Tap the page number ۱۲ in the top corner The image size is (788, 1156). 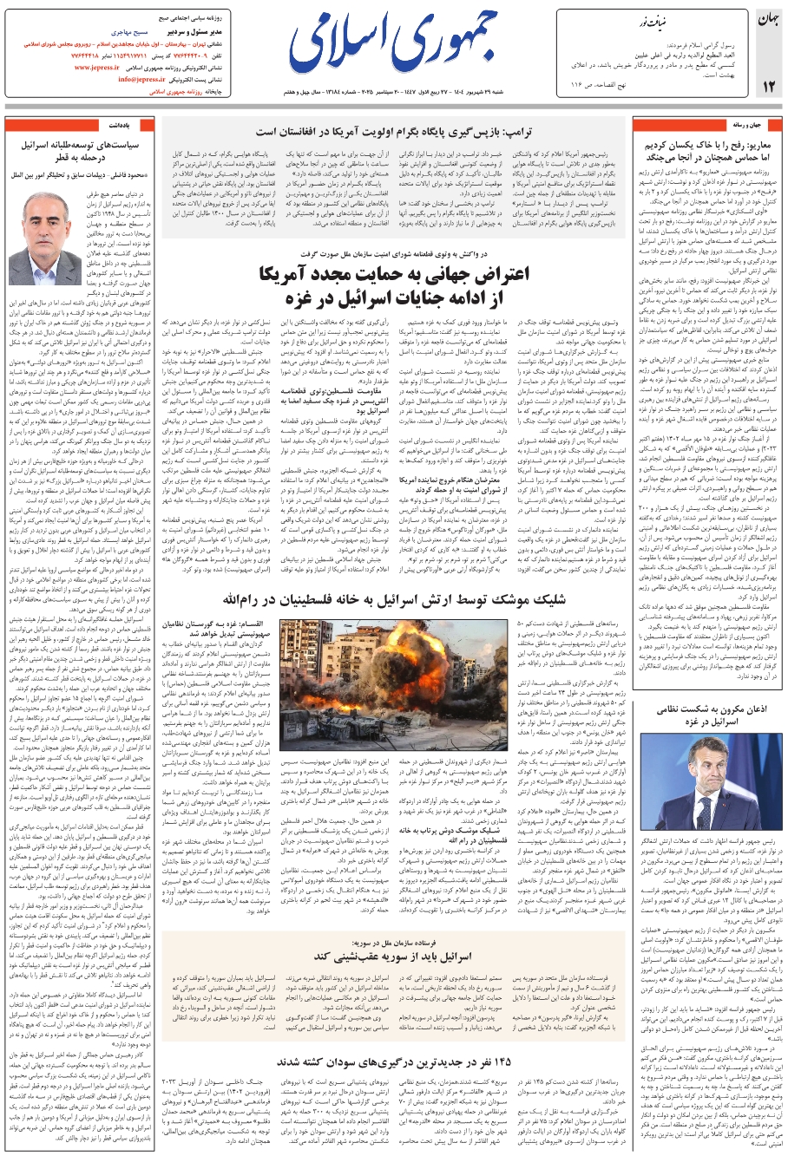coord(769,86)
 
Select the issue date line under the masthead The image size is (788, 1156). coord(395,90)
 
